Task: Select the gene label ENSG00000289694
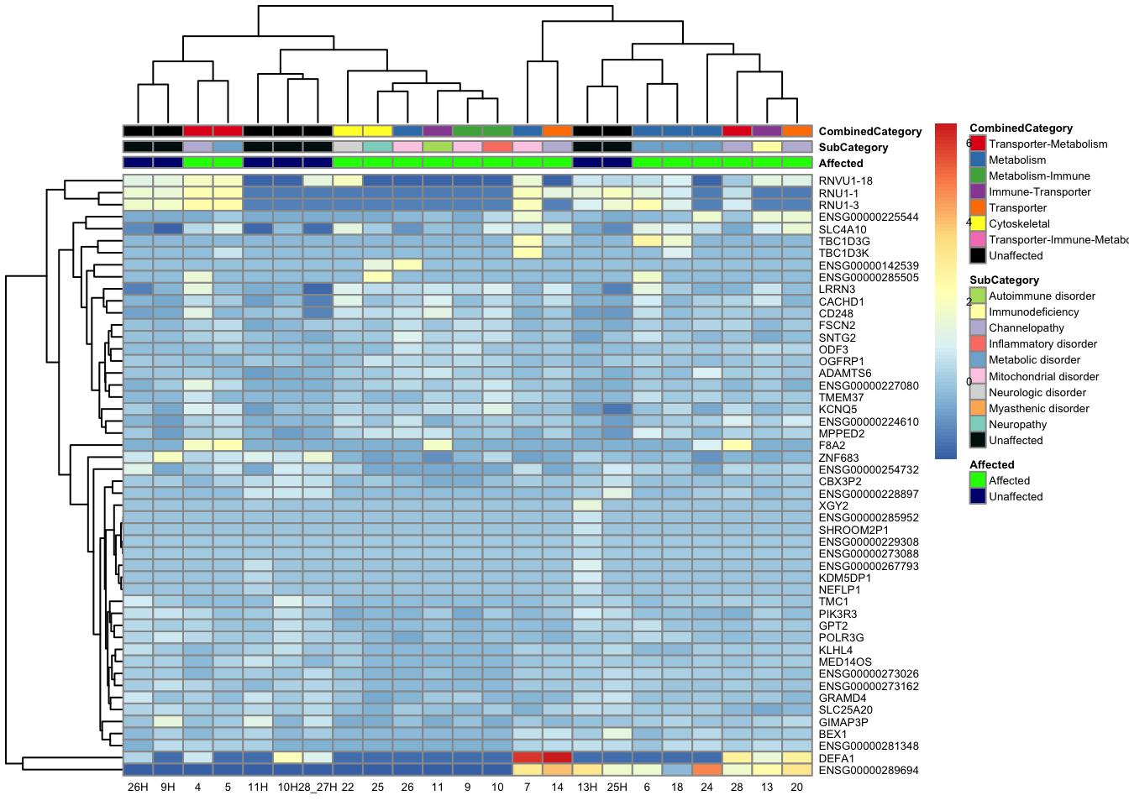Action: pyautogui.click(x=869, y=770)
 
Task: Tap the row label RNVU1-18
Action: pyautogui.click(x=845, y=181)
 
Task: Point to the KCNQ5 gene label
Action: pyautogui.click(x=838, y=410)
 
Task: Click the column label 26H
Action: pyautogui.click(x=138, y=788)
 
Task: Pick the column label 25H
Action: pyautogui.click(x=617, y=788)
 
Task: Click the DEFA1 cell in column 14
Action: pyautogui.click(x=557, y=758)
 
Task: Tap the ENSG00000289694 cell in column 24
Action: pyautogui.click(x=706, y=770)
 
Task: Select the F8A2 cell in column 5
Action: pyautogui.click(x=228, y=445)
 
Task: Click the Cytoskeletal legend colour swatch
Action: pyautogui.click(x=978, y=224)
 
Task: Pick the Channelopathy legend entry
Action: pyautogui.click(x=1026, y=328)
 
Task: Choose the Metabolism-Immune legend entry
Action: pyautogui.click(x=1039, y=176)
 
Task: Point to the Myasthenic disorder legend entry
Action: pyautogui.click(x=1038, y=409)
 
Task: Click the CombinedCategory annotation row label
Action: pyautogui.click(x=869, y=132)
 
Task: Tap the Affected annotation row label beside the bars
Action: pyautogui.click(x=841, y=164)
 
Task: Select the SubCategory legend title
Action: pyautogui.click(x=1004, y=280)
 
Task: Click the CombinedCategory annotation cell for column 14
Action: pyautogui.click(x=557, y=131)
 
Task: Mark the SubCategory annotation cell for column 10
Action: pyautogui.click(x=497, y=147)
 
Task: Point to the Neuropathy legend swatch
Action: pyautogui.click(x=978, y=425)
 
